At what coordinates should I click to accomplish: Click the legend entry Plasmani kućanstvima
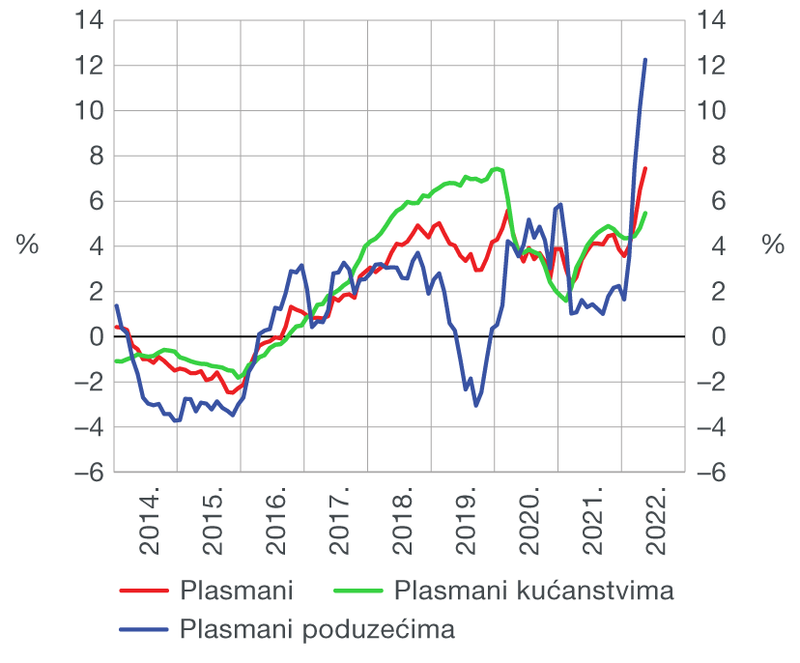coord(533,590)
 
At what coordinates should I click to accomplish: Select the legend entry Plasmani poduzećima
coord(317,629)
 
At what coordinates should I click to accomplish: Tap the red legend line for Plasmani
coord(144,590)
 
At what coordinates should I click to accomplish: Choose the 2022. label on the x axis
coord(659,522)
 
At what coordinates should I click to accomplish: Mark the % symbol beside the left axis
coord(27,245)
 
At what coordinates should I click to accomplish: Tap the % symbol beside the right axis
coord(773,245)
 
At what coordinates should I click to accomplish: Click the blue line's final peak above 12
coord(645,60)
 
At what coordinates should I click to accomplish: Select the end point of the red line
coord(645,168)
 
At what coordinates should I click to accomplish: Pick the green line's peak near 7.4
coord(496,169)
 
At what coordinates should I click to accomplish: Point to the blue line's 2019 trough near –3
coord(475,405)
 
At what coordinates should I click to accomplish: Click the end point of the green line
coord(645,214)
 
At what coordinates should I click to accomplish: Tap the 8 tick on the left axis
coord(92,156)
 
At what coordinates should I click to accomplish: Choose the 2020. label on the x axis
coord(532,522)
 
